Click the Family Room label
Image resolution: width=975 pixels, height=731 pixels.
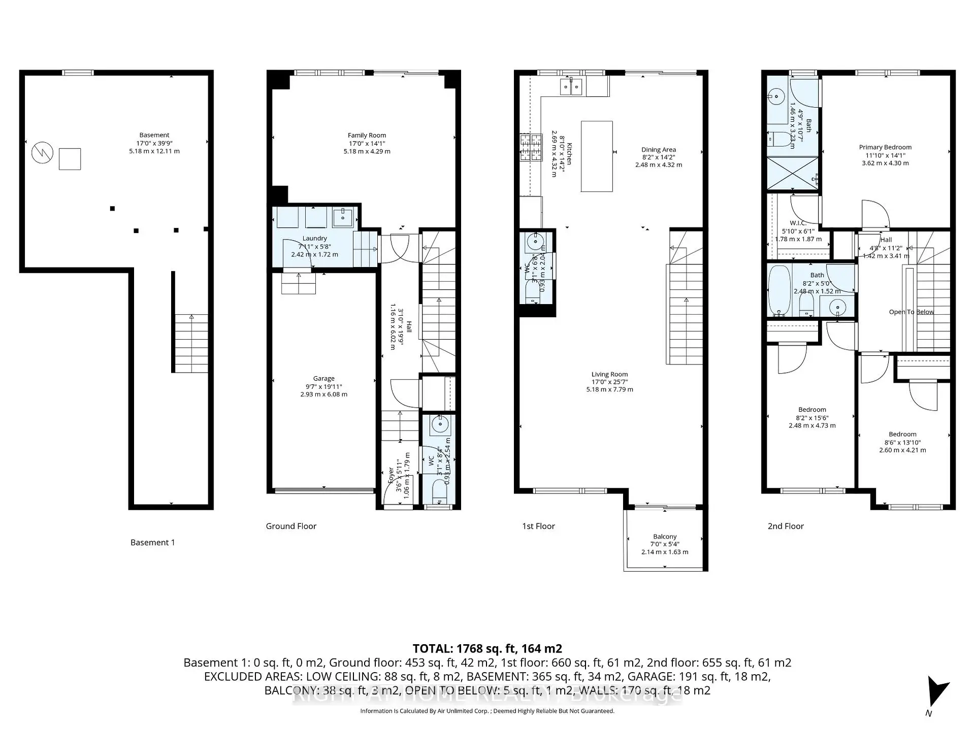point(367,136)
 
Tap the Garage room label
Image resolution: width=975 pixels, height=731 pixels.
point(323,379)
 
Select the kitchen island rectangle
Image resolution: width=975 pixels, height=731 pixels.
point(596,156)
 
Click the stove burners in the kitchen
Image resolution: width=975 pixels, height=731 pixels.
point(530,148)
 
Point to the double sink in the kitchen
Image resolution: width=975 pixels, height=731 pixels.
point(572,87)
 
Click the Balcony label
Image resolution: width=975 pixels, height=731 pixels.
point(665,537)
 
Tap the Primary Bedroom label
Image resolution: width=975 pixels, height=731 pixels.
point(885,147)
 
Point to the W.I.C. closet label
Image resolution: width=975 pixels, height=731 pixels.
point(798,223)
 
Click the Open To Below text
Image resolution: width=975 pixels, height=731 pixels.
point(911,312)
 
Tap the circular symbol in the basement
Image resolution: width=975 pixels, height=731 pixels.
point(42,152)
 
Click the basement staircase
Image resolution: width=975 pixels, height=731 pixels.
point(191,343)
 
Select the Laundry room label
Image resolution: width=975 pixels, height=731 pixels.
point(314,239)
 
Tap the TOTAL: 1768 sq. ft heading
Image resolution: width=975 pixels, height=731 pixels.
point(487,649)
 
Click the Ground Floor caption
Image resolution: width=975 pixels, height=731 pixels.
point(291,526)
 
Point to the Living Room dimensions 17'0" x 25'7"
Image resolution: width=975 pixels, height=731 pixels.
point(609,382)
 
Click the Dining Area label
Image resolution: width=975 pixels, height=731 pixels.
point(658,150)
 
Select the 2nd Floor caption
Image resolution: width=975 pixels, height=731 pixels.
point(786,526)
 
